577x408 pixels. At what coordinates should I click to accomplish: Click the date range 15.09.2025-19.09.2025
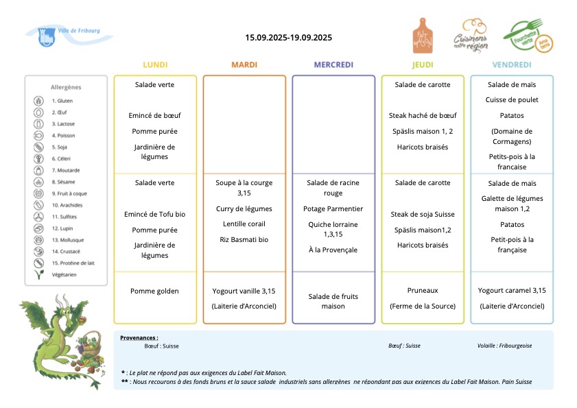pos(288,38)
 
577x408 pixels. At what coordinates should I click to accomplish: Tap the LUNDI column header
pos(155,64)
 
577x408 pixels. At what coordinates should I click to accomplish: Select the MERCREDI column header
pos(333,64)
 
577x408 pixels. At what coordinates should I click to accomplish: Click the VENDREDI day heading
pos(512,64)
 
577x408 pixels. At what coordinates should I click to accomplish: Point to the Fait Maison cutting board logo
pos(423,36)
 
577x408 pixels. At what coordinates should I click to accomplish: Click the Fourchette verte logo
pos(528,36)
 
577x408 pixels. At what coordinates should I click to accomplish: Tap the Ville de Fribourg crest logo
pos(47,37)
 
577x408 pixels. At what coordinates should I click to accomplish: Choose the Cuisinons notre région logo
pos(471,36)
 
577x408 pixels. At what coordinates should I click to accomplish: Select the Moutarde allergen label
pos(66,170)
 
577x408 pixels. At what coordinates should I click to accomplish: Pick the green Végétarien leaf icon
pos(38,274)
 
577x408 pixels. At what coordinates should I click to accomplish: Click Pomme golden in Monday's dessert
pos(154,291)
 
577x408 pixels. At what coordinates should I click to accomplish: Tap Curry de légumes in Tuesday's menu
pos(244,209)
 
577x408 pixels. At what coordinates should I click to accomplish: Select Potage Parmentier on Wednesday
pos(333,209)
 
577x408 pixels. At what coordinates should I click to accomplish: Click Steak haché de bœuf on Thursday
pos(423,115)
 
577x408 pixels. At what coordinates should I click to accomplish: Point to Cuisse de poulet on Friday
pos(512,99)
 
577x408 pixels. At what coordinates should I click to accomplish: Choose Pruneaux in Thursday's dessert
pos(423,290)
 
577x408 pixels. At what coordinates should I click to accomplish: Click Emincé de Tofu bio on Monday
pos(154,214)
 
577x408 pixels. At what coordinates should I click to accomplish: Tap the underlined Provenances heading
pos(139,338)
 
